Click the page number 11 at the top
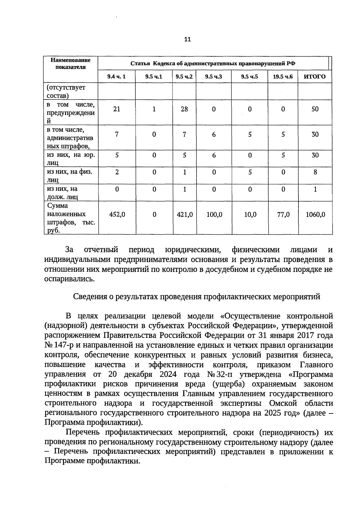187,39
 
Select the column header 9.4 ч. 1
116,77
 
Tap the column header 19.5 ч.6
283,77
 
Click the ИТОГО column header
315,77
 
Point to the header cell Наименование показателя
70,64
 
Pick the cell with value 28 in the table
184,109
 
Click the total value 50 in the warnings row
315,109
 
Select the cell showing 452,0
117,215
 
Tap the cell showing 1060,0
315,215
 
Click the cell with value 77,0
283,215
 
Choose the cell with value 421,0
184,215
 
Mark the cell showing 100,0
214,215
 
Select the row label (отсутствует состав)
66,91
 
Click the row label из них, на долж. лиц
63,193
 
